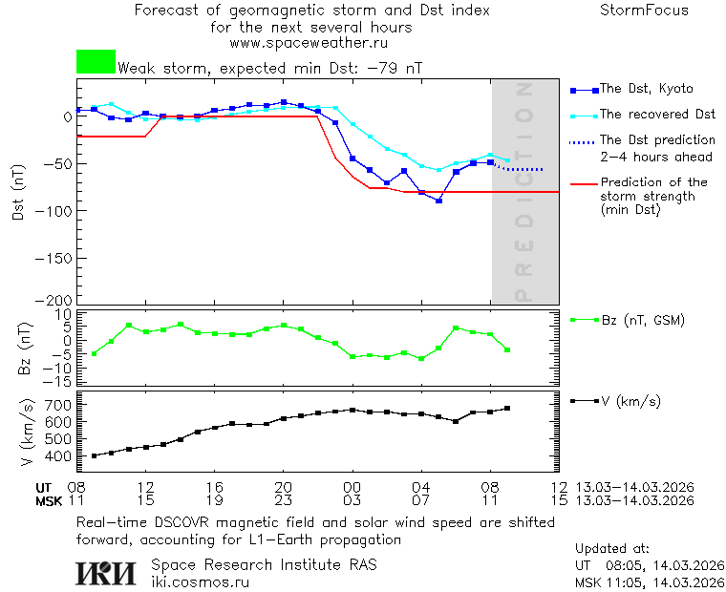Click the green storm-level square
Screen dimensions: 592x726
pos(96,62)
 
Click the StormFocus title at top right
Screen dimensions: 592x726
pos(644,11)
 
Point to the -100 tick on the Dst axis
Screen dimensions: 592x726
pos(54,210)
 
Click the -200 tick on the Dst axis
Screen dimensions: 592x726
pos(54,300)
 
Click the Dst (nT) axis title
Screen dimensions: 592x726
pos(17,193)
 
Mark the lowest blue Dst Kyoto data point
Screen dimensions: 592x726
pos(438,201)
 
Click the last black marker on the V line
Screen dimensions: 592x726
pos(507,409)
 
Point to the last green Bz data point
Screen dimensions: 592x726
pos(507,350)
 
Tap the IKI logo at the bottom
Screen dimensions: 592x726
pos(108,573)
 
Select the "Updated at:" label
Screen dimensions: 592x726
pos(612,549)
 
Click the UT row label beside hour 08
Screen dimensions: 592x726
pos(44,487)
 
